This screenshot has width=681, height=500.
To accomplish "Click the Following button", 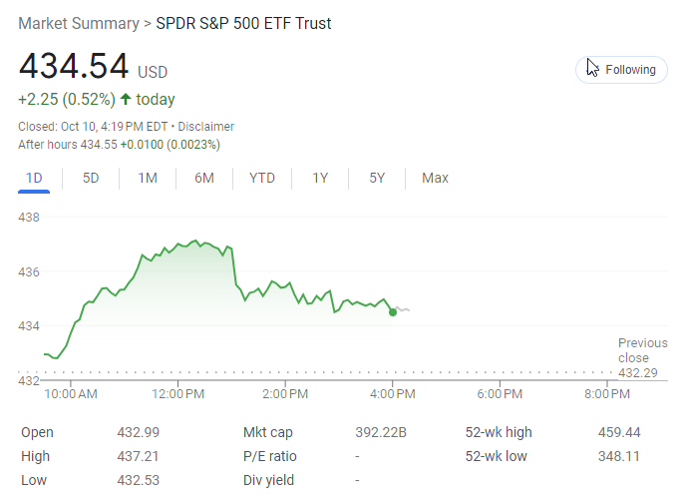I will coord(621,70).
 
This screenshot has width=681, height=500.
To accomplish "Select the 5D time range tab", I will coord(91,178).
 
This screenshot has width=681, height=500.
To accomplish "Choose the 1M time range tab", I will coord(148,178).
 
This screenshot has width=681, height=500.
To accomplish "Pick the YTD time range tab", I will coord(262,178).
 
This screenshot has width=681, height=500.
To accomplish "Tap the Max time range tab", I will coord(435,178).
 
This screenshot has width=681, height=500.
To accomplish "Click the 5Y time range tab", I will coord(377,178).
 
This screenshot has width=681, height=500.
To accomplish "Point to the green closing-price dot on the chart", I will coord(393,312).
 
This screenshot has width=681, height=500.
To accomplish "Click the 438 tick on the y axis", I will coord(29,217).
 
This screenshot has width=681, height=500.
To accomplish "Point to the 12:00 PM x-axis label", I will coord(178,394).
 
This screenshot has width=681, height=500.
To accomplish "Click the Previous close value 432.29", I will coord(639,372).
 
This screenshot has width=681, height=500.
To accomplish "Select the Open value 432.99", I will coord(139,432).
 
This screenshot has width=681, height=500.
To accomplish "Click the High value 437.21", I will coord(139,456).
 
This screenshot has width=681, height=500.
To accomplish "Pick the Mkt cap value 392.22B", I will coord(382,432).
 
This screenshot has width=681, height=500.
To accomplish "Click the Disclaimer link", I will coord(206,127).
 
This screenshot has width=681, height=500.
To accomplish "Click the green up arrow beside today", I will coord(126,99).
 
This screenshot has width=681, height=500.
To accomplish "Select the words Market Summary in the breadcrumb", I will coord(78,23).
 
